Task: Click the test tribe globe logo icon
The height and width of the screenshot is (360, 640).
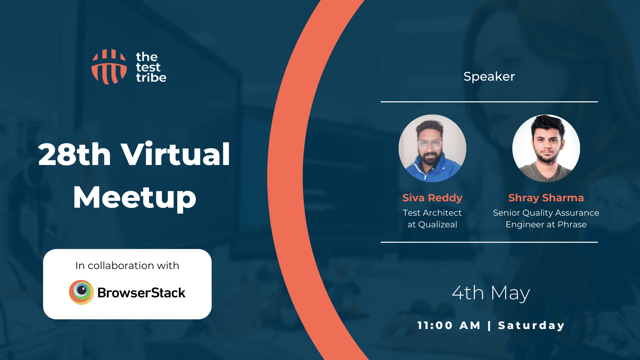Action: point(109,67)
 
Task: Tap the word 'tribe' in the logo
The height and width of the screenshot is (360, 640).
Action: point(151,78)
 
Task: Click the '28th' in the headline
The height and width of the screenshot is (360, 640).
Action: point(74,154)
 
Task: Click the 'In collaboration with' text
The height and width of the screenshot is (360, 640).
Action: point(127,265)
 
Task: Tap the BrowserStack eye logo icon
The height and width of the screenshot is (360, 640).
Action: point(81,292)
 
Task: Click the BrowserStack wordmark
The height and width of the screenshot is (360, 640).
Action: point(141,293)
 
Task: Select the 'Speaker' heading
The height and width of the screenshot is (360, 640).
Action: point(489,77)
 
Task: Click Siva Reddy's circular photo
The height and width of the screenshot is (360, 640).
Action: point(432,148)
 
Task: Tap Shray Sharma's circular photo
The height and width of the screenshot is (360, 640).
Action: point(546,148)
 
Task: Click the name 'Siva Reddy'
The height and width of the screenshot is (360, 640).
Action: point(432,198)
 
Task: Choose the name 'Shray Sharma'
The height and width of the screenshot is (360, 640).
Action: point(546,198)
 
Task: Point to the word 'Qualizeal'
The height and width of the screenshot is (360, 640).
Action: point(438,224)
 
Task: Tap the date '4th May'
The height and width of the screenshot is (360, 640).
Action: point(491,293)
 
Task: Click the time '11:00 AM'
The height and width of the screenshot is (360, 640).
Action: point(449,325)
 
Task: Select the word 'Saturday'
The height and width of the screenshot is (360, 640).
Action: point(531,326)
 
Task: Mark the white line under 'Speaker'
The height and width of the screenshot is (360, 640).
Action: point(489,102)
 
